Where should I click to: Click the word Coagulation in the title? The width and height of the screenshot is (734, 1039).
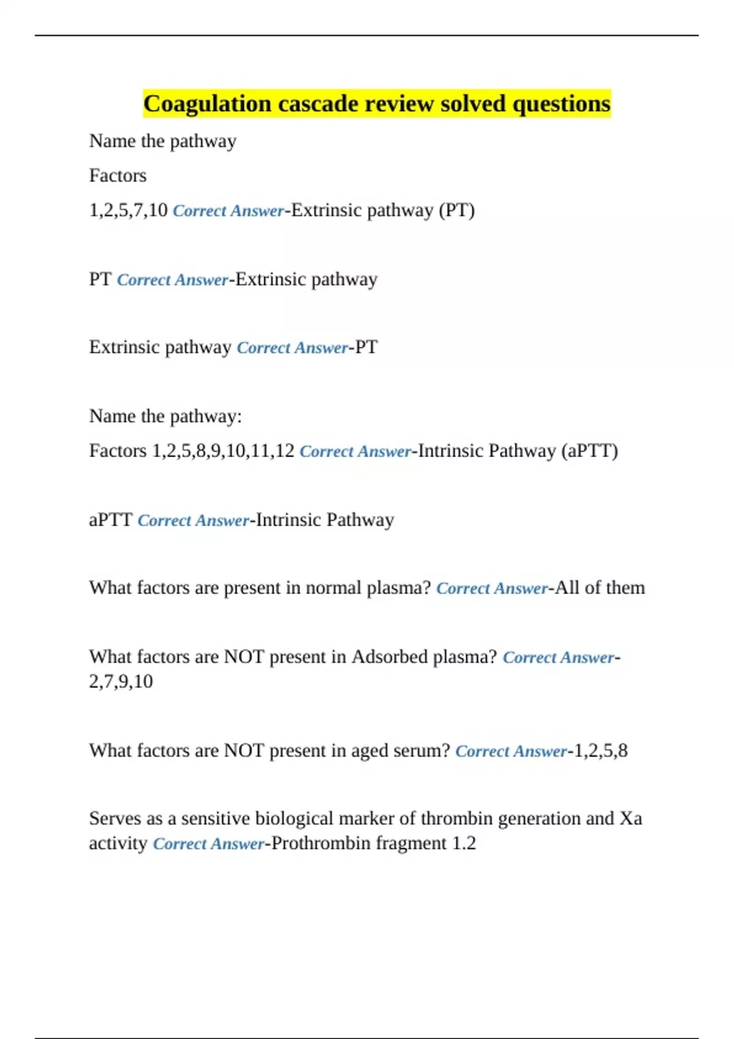click(207, 104)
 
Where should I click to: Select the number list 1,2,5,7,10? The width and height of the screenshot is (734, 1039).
click(128, 210)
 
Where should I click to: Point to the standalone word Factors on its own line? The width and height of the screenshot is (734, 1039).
click(117, 176)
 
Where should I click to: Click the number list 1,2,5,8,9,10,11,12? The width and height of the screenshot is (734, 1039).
click(223, 451)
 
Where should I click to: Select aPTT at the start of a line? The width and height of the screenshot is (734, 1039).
click(110, 520)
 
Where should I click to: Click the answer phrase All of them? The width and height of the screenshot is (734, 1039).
click(599, 588)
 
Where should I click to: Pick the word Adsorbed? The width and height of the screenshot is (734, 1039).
click(390, 657)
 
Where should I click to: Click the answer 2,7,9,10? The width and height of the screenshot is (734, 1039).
click(120, 681)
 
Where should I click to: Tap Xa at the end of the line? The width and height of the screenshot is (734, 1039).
click(631, 818)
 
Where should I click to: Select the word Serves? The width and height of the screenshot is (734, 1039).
click(115, 818)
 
